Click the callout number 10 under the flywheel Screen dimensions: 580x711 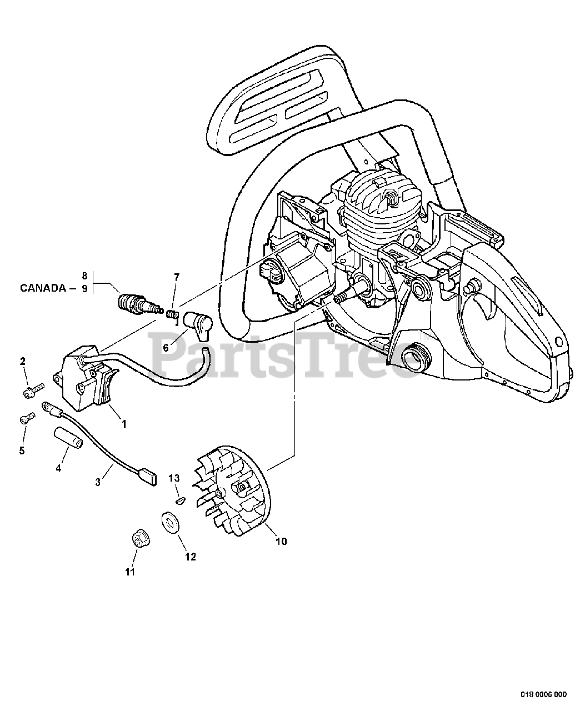tap(281, 541)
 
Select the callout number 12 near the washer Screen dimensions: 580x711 tap(191, 557)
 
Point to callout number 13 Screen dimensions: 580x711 tap(174, 478)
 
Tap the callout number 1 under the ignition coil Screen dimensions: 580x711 tap(124, 424)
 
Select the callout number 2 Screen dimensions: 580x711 tap(23, 362)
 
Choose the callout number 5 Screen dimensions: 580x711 tap(22, 450)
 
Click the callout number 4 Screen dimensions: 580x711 tap(58, 468)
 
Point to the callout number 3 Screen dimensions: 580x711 tap(98, 482)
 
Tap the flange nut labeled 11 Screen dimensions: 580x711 tap(137, 539)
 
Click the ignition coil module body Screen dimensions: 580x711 tap(83, 378)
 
